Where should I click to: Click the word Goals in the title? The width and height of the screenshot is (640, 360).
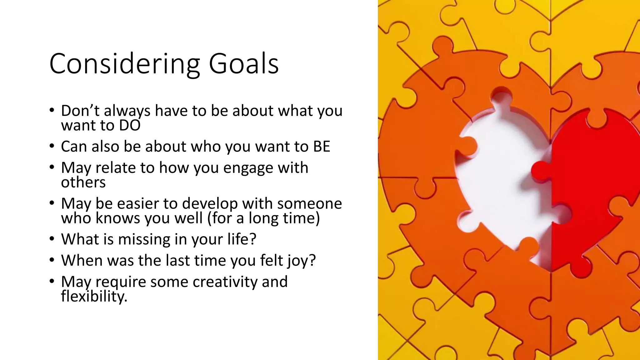click(243, 64)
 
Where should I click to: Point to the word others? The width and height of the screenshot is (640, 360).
click(83, 182)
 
